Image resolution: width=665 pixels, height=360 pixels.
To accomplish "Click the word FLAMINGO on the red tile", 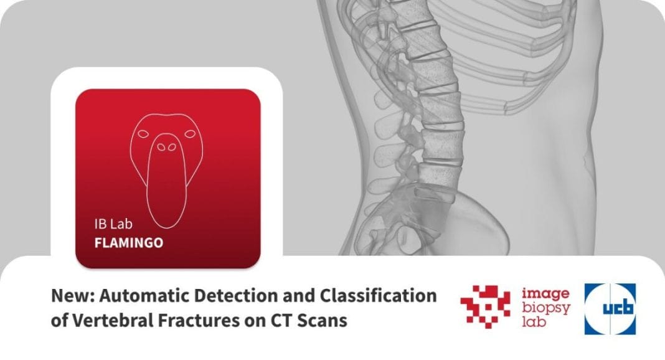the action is (128, 243).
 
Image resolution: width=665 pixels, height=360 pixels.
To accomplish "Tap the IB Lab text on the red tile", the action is (113, 224).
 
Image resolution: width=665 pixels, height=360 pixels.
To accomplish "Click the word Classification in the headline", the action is (378, 296).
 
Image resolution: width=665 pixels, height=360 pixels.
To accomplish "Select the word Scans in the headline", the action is (322, 321).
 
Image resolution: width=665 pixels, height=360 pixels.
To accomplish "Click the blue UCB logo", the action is (610, 309).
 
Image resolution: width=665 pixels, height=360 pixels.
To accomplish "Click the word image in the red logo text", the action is (546, 293).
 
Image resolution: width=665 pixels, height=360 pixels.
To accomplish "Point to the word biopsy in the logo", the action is (546, 308).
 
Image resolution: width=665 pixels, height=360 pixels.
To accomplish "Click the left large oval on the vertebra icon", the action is (144, 134).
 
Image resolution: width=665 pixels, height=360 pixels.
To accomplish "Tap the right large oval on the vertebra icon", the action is (190, 134).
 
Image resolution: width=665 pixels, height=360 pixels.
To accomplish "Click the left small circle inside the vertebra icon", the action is (161, 147).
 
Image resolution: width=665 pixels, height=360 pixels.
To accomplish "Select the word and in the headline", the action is (299, 296).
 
